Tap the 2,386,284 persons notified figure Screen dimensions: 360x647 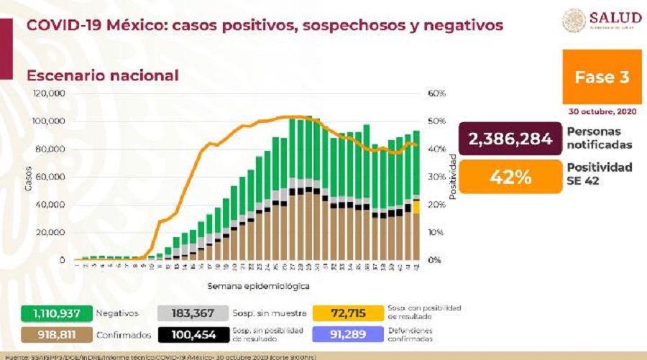click(x=510, y=139)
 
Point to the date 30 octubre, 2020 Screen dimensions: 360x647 click(x=600, y=112)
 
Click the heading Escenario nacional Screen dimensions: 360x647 click(x=103, y=75)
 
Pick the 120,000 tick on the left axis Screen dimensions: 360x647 click(x=50, y=93)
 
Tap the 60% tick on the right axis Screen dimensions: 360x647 click(x=437, y=93)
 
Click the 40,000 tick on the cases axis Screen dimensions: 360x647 click(x=52, y=205)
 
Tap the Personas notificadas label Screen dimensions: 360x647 click(x=600, y=138)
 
